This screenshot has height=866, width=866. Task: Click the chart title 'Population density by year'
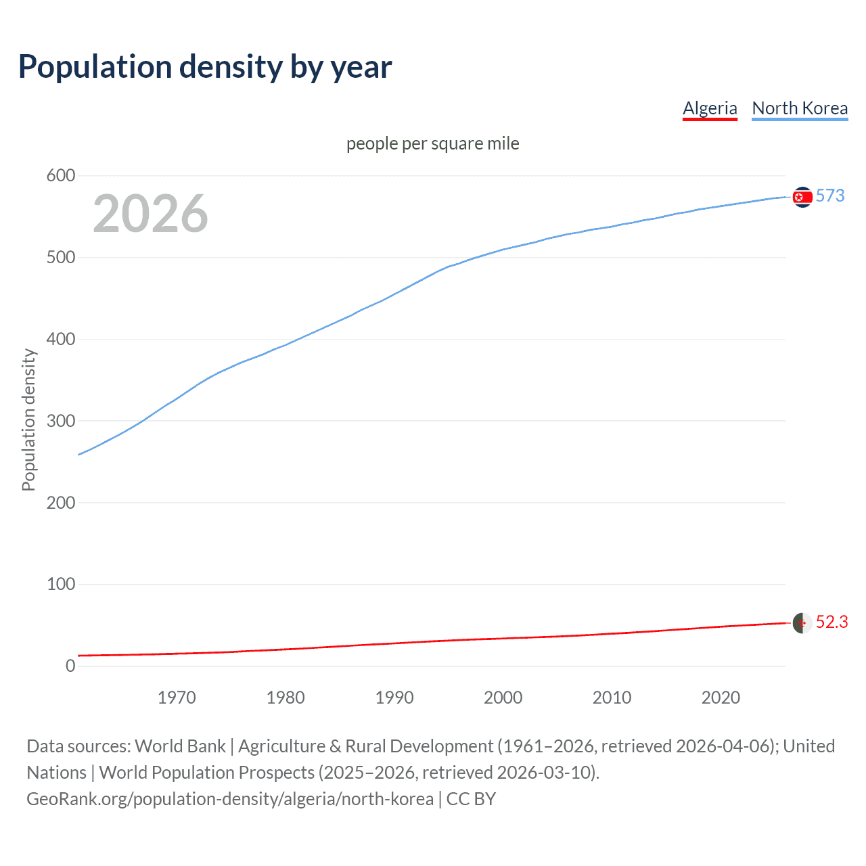click(x=205, y=67)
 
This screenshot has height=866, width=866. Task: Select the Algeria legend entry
click(x=710, y=108)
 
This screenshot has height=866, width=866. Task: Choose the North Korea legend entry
click(x=800, y=108)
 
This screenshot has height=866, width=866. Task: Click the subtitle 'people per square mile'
click(x=432, y=144)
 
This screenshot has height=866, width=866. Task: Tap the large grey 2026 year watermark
click(x=150, y=214)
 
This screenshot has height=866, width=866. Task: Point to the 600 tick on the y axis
click(x=61, y=176)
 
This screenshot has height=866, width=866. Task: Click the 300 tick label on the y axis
click(x=61, y=421)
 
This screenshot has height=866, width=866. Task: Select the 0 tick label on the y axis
click(x=70, y=666)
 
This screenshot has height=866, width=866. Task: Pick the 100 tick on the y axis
click(x=61, y=584)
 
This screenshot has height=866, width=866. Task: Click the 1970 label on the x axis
click(x=177, y=698)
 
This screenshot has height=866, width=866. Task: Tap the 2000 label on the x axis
click(x=503, y=698)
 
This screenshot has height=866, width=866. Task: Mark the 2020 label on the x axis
click(x=721, y=698)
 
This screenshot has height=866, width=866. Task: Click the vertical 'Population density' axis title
click(x=28, y=419)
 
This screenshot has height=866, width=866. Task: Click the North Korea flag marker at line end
click(x=802, y=197)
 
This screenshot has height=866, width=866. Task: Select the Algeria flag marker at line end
click(x=802, y=623)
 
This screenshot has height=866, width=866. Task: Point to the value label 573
click(x=830, y=196)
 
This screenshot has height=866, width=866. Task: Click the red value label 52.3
click(x=831, y=622)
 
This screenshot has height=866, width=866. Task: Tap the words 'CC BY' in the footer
click(x=471, y=799)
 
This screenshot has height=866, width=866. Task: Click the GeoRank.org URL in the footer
click(x=230, y=799)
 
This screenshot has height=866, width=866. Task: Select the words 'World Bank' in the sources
click(x=180, y=746)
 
